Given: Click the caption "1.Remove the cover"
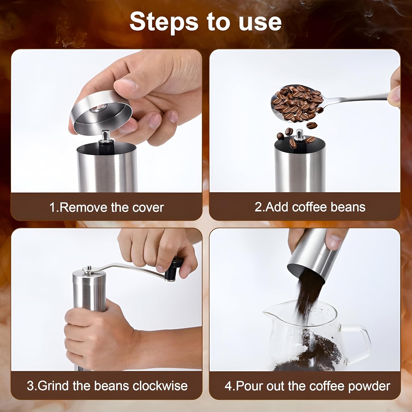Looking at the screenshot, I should point(107,207).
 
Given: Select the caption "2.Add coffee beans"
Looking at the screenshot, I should point(310,207).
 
